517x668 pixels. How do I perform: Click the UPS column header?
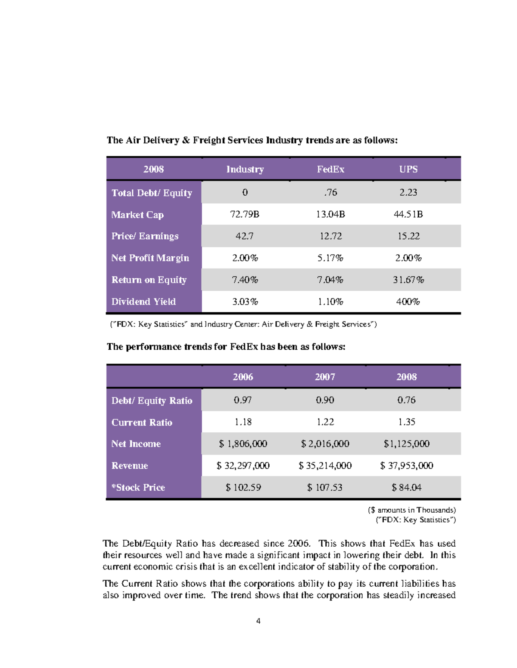408,169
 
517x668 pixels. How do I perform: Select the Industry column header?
245,169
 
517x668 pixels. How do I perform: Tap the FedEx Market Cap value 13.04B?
330,214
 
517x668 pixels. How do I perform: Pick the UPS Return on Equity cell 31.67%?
408,280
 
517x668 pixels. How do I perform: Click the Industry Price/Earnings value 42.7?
244,236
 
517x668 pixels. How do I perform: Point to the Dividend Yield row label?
143,302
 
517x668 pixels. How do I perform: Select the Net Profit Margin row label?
150,258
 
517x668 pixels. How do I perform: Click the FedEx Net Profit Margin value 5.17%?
330,258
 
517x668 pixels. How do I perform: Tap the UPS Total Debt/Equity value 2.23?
408,192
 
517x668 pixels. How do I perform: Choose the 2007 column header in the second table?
325,377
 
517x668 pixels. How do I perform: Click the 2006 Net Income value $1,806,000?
243,443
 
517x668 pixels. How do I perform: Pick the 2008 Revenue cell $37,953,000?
406,465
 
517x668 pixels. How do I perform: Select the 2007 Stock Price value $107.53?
325,487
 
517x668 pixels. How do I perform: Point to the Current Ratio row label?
142,422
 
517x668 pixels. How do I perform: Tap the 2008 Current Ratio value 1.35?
406,422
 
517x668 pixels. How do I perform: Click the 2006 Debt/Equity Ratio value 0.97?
243,400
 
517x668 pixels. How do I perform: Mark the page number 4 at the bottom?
258,621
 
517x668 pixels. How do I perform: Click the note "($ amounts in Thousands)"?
412,510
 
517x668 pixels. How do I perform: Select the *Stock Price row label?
138,487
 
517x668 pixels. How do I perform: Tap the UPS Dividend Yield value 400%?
408,302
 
